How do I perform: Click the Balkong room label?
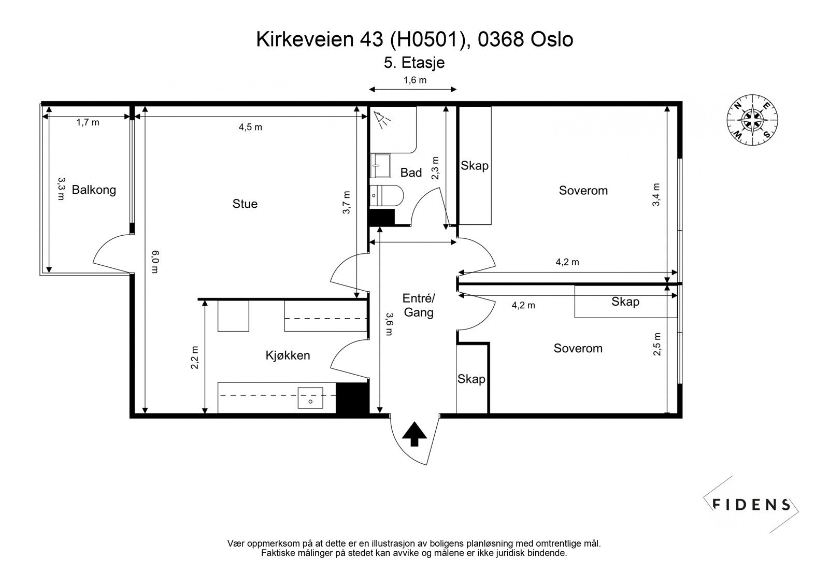tap(94, 190)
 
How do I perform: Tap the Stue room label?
tap(245, 204)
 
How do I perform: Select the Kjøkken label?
tap(288, 355)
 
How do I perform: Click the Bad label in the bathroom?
tap(411, 173)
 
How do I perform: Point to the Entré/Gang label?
tap(419, 305)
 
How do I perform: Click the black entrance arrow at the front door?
tap(414, 434)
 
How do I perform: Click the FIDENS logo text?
tap(751, 504)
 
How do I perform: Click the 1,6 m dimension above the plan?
tap(414, 80)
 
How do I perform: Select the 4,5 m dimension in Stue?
tap(250, 127)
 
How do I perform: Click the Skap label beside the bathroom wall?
tap(475, 166)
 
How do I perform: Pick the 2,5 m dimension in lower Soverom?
tap(657, 344)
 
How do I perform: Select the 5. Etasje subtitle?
tap(414, 63)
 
